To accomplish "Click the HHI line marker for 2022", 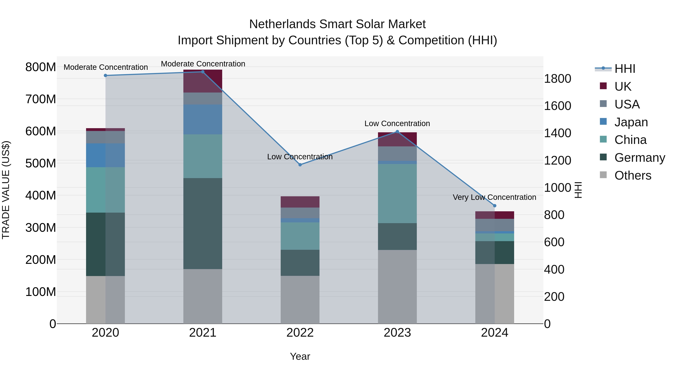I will [300, 165].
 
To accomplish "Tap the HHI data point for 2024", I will [494, 206].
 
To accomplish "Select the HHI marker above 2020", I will [105, 75].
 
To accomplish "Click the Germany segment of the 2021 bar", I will [202, 223].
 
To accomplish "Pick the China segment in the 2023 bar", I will [397, 193].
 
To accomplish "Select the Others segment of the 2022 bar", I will [300, 299].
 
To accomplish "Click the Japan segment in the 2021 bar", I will [202, 120].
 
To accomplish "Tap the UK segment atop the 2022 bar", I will [300, 202].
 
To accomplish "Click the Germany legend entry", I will [639, 158].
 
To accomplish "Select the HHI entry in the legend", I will [625, 69].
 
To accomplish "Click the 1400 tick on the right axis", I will [557, 133].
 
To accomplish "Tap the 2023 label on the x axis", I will [397, 333].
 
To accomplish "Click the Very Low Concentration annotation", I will [494, 197].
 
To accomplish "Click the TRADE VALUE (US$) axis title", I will [6, 190].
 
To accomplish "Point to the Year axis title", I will [300, 356].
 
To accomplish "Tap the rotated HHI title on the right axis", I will [578, 190].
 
